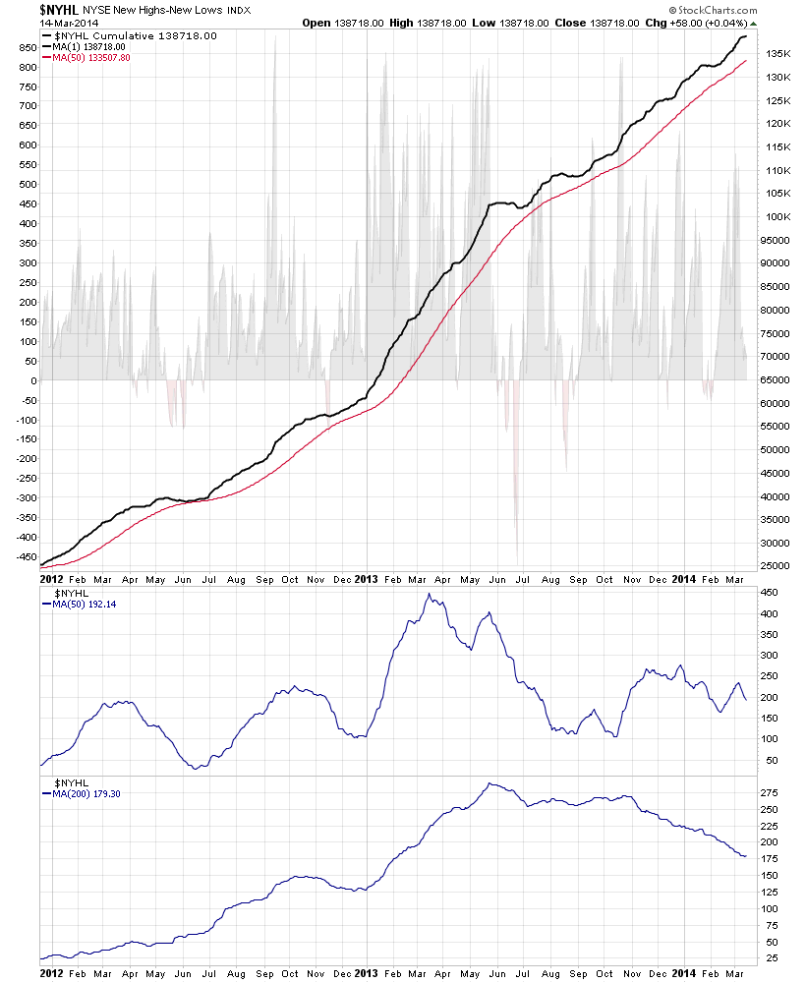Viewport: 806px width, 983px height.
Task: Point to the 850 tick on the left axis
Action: pos(28,45)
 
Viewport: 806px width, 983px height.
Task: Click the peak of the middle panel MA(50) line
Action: pos(429,595)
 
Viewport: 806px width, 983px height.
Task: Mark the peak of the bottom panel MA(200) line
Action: pos(489,783)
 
